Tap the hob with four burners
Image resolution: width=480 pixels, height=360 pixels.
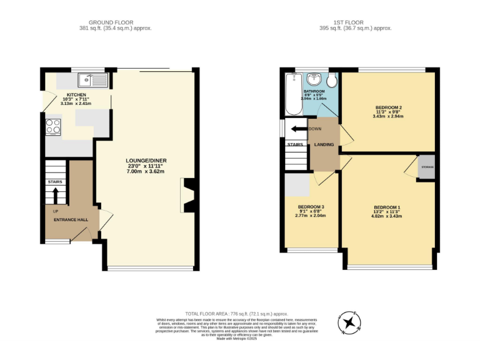[52, 127]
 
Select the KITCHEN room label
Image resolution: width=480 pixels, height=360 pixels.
[76, 95]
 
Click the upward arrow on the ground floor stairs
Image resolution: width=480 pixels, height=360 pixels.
[56, 196]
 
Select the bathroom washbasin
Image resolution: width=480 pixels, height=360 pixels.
[314, 81]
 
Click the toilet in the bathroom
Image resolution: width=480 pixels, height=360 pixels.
[332, 81]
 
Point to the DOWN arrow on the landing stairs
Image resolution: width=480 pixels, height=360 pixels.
[301, 129]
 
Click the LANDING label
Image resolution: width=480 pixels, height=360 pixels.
[324, 145]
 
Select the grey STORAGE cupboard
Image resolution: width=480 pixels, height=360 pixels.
[427, 167]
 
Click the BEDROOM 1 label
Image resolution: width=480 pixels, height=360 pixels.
[387, 207]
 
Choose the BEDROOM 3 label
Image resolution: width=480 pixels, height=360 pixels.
[311, 207]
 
